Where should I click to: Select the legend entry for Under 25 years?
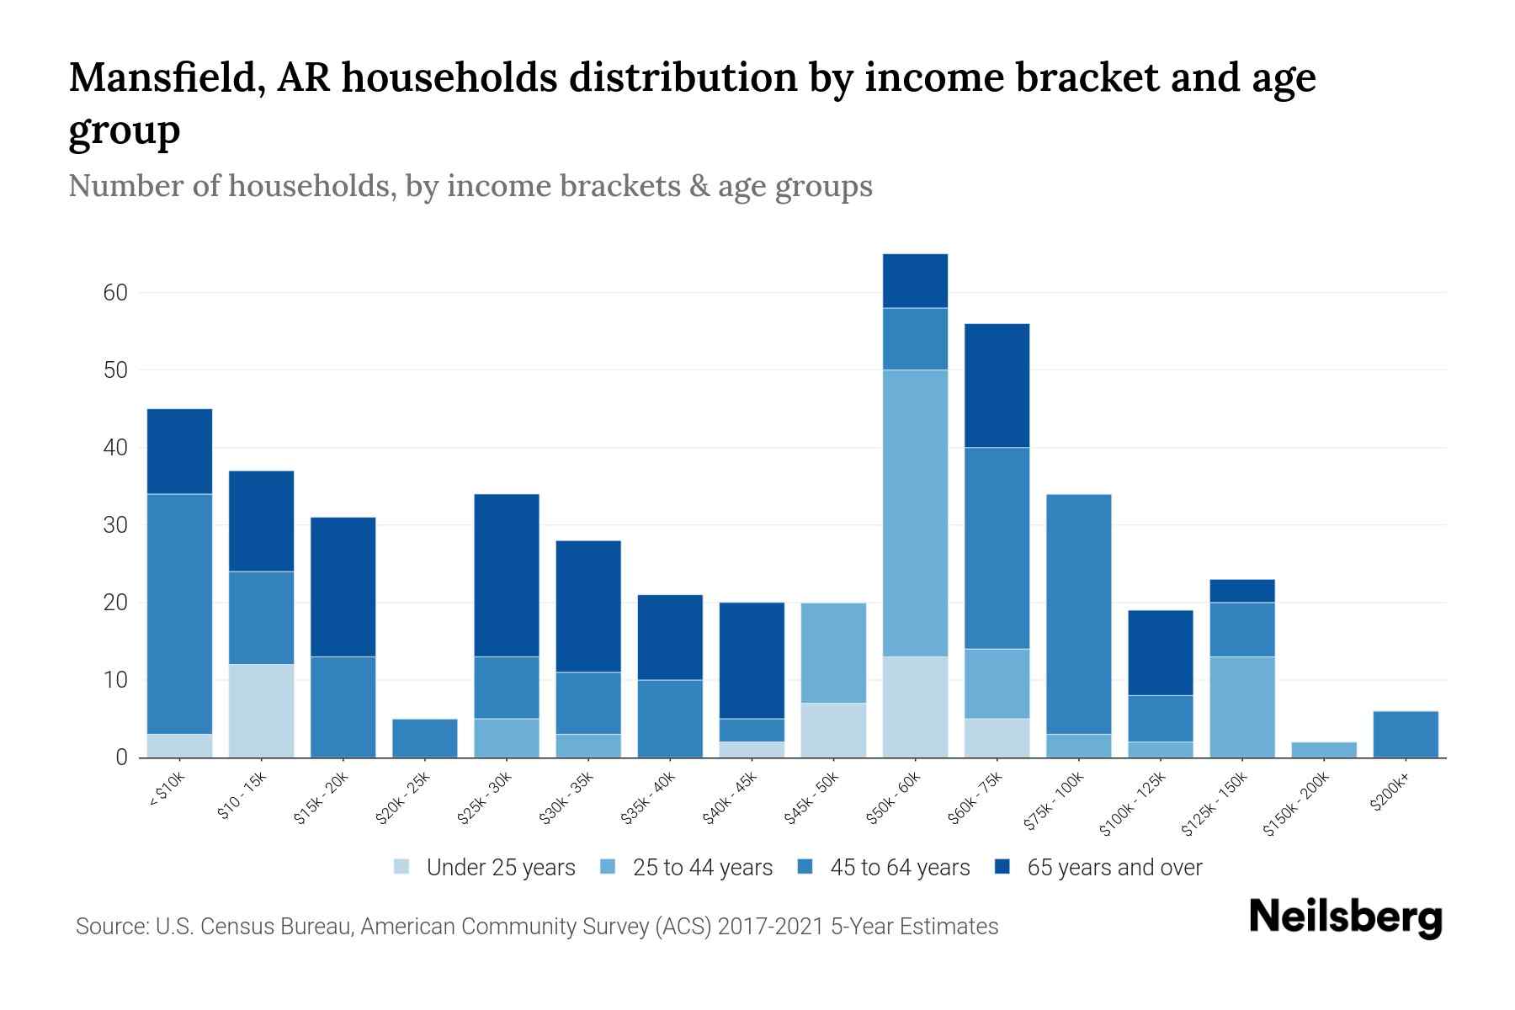pos(484,868)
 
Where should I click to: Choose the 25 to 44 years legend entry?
pos(686,868)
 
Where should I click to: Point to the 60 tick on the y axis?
pos(115,293)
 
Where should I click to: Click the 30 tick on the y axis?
pos(115,525)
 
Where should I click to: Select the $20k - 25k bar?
pos(425,738)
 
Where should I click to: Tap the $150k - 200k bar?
pos(1324,750)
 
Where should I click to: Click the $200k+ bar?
pos(1406,735)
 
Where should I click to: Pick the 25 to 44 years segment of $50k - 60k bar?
pos(915,513)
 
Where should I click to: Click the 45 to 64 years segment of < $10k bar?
pos(179,614)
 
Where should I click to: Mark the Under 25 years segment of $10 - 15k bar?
pos(261,711)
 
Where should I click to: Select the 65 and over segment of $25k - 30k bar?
pos(507,575)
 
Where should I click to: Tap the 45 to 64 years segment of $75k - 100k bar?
pos(1078,614)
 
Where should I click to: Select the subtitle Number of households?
pos(231,186)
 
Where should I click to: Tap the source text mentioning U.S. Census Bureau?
pos(537,927)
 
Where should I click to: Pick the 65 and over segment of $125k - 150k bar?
pos(1242,591)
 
